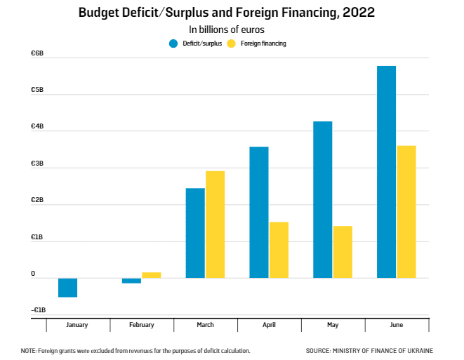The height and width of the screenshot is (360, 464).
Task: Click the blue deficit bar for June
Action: [386, 172]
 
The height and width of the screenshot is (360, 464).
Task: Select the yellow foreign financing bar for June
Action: [406, 211]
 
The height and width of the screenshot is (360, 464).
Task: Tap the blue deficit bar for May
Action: [323, 199]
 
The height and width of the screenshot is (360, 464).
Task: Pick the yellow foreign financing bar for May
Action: [343, 251]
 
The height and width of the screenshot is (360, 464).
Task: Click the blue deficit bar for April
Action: [259, 212]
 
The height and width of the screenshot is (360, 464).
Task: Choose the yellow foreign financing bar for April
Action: [279, 250]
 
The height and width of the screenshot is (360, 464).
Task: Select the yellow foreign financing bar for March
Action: [215, 224]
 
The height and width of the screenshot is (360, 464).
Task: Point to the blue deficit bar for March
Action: [195, 233]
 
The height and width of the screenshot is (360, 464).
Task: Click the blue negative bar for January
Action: [68, 287]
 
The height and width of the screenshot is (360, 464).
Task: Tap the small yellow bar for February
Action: [152, 274]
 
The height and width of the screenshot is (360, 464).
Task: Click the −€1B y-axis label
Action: [38, 309]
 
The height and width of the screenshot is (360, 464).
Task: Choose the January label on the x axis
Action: [77, 325]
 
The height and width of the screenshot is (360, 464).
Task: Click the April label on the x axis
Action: [270, 325]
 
